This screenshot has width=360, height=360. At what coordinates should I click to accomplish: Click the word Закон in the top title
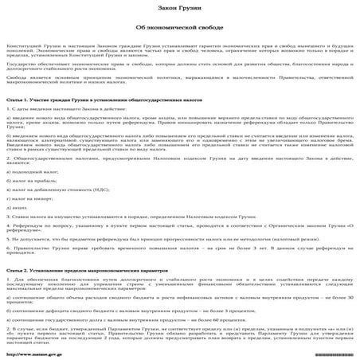[170, 6]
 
